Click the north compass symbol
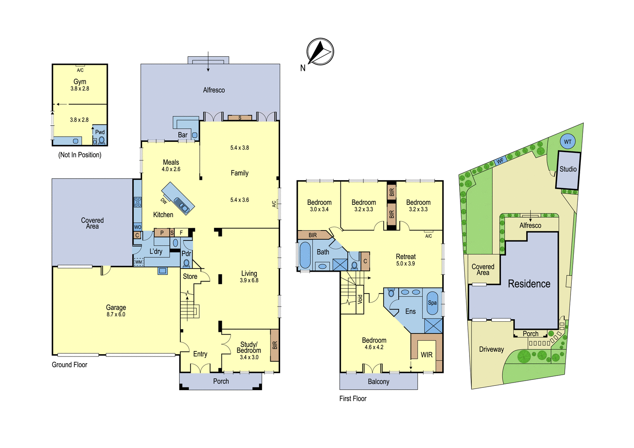(320, 52)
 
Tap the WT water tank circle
(567, 141)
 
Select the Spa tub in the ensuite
(432, 303)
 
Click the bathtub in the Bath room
(305, 255)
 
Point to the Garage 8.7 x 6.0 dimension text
(116, 315)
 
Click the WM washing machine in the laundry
(138, 262)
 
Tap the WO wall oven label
(137, 227)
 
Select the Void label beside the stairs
(360, 299)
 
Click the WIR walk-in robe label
(426, 355)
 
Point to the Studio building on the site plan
(568, 170)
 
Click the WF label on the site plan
(500, 161)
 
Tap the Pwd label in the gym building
(100, 132)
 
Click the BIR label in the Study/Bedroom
(275, 345)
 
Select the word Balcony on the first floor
(378, 382)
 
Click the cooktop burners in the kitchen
(137, 202)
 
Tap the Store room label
(190, 276)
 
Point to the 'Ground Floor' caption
(69, 365)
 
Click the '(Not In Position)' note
(80, 155)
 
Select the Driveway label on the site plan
(491, 349)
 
